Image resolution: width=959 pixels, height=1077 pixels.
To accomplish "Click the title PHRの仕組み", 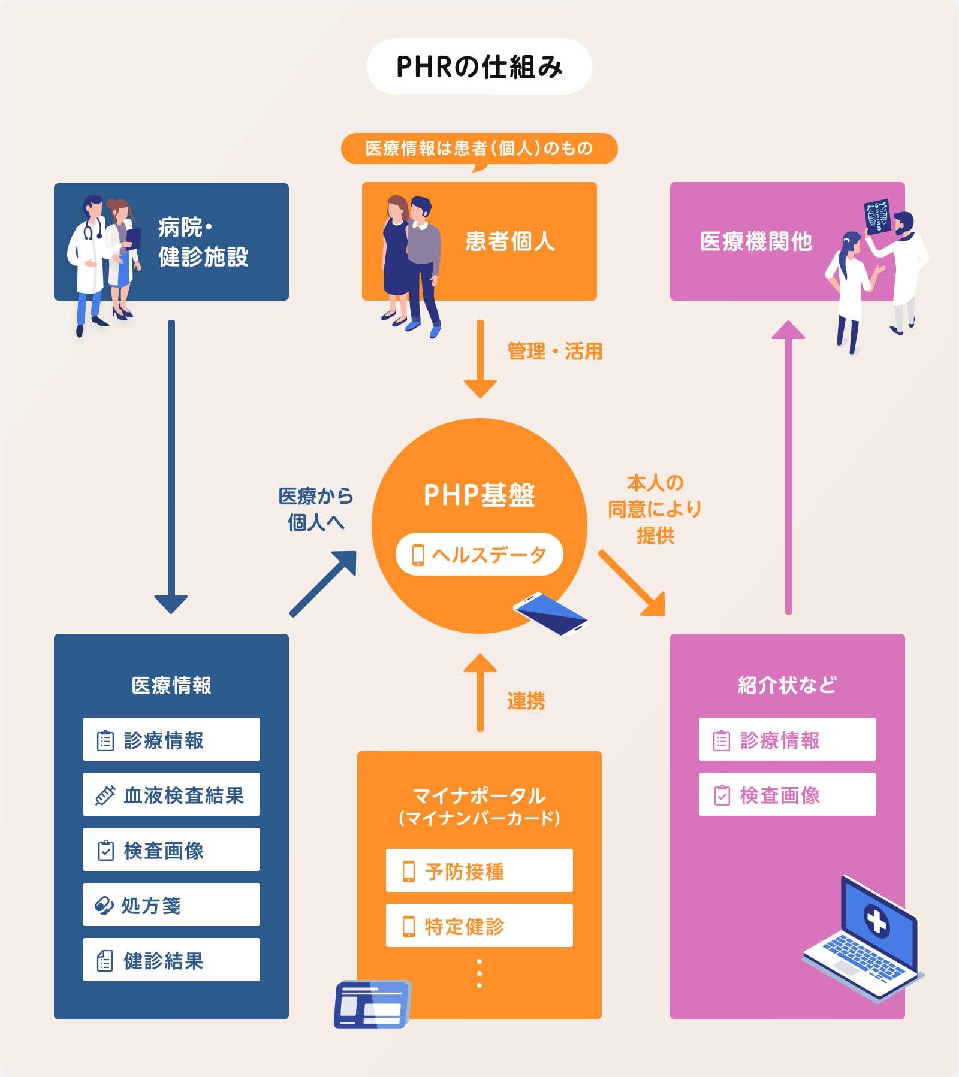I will coord(479,66).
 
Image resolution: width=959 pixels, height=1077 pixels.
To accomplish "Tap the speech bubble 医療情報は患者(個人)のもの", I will coord(479,148).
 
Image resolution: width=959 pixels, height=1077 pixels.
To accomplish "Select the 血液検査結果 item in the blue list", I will coord(171,795).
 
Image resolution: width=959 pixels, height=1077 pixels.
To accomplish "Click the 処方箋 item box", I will coord(171,904).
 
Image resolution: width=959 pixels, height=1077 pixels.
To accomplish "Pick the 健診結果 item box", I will coord(171,960).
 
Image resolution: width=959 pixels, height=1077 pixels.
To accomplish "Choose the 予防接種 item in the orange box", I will coord(479,870).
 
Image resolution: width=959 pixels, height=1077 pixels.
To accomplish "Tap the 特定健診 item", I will coord(479,925).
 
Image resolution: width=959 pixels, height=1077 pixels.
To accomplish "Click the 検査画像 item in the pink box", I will coord(787,795).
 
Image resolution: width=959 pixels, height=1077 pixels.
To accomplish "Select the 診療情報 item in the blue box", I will coord(171,740).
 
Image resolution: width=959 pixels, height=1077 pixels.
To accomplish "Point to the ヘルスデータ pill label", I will coord(479,554).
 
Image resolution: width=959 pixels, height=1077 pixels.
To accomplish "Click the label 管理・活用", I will coord(554,351).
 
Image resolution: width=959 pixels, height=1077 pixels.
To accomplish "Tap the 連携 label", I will coord(526,700).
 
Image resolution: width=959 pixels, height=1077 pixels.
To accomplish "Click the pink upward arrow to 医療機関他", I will coord(788,467).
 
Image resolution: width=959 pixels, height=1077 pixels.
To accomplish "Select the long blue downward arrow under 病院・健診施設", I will coord(171,467).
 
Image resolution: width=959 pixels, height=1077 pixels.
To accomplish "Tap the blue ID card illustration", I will coord(372,1005).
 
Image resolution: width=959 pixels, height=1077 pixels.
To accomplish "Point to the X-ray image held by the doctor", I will coord(878,216).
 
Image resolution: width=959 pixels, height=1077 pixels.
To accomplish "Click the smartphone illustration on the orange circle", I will coord(551,613).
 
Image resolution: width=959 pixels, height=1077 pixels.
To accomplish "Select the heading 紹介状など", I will coord(787,685).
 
